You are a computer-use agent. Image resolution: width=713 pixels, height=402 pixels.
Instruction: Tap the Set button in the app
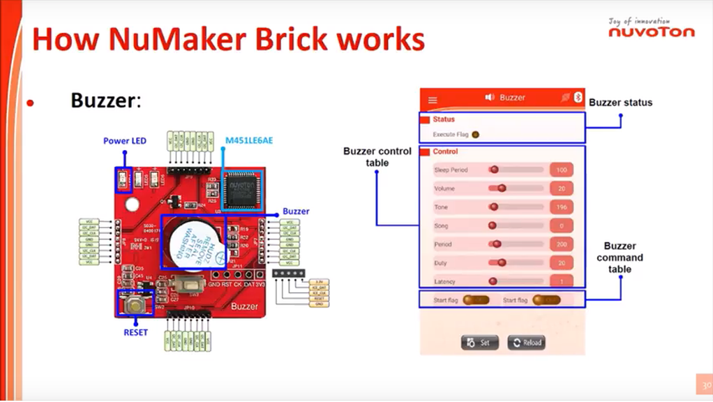coord(479,343)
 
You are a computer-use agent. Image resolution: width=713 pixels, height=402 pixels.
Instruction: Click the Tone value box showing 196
coord(561,207)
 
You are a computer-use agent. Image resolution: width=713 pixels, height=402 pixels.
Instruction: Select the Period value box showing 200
coord(561,245)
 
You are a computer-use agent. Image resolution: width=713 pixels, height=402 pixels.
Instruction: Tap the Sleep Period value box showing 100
coord(561,170)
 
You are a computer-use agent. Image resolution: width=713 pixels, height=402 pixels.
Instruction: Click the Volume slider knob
coord(501,188)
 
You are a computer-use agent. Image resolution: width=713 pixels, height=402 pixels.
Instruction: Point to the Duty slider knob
coord(501,263)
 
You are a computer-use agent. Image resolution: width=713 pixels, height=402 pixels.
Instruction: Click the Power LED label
coord(125,141)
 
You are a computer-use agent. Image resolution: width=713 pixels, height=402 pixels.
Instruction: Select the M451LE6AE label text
coord(248,141)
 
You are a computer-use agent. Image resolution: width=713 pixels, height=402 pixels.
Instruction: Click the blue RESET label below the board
coord(135,332)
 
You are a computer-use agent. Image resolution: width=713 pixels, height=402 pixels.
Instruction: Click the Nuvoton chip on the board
coord(242,189)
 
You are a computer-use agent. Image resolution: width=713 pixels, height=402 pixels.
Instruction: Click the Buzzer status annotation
coord(620,103)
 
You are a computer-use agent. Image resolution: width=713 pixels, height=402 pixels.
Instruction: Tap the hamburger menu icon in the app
coord(433,100)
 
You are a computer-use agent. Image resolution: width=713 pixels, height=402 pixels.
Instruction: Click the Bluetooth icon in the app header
coord(578,98)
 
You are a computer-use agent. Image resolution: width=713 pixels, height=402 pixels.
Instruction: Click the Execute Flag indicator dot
coord(476,134)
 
